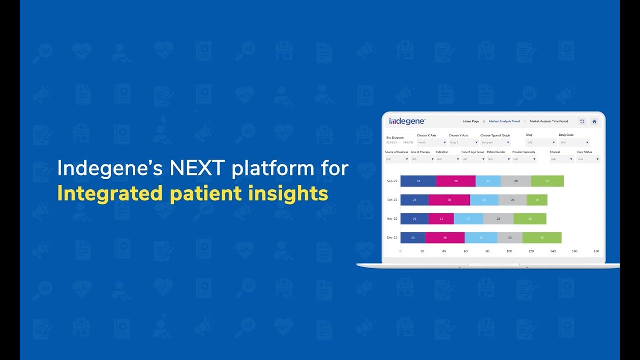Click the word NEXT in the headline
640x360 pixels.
point(198,169)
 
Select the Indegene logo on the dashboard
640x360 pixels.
point(407,121)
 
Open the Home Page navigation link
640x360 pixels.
point(471,121)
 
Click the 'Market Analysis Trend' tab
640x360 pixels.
point(504,121)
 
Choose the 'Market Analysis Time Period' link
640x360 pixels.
point(549,121)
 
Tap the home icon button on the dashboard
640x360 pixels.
point(594,121)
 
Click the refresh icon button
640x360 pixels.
point(582,121)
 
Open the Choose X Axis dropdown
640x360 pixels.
point(432,143)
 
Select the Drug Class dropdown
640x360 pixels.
point(574,143)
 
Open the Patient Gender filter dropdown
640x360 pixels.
point(499,159)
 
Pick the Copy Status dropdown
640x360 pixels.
point(588,159)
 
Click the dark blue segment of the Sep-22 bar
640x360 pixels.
point(418,181)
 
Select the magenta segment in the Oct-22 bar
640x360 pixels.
point(449,200)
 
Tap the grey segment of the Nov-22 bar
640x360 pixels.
point(498,219)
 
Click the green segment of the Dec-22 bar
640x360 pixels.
point(542,238)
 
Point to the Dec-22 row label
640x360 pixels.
point(392,238)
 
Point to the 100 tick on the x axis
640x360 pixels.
point(509,251)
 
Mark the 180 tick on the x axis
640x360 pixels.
point(596,251)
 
